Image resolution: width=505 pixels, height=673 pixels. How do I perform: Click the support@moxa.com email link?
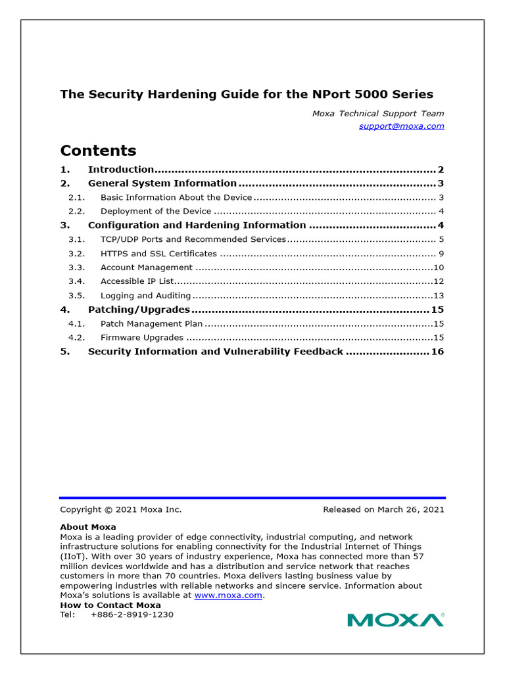tap(401, 126)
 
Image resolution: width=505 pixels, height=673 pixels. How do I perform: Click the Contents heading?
tap(98, 150)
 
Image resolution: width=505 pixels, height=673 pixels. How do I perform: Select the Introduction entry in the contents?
tap(120, 170)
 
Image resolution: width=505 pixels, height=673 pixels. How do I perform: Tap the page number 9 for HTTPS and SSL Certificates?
tap(441, 254)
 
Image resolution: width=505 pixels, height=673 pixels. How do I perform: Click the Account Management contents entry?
tap(146, 267)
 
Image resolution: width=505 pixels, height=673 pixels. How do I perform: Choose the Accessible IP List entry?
tap(137, 281)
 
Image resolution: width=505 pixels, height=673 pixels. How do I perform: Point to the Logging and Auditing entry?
tap(145, 296)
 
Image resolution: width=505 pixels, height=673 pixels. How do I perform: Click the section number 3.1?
tap(77, 239)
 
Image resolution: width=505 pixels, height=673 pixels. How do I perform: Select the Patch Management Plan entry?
tap(151, 323)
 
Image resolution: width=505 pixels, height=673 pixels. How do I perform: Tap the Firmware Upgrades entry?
tap(141, 337)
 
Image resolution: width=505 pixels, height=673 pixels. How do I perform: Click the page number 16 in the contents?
tap(437, 352)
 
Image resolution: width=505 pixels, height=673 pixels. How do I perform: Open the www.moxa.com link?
tap(228, 595)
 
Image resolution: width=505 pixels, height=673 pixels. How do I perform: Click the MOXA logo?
tap(396, 619)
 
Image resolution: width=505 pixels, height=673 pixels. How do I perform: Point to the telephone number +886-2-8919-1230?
tap(132, 615)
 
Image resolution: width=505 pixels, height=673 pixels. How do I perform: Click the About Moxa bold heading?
tap(87, 527)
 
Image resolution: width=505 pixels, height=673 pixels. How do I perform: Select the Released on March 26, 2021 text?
tap(383, 509)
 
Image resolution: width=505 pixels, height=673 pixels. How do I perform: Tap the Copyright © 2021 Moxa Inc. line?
tap(120, 509)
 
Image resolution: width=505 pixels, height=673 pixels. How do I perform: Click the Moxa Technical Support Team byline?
tap(377, 114)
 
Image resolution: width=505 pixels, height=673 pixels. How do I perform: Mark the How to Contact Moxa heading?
tap(110, 605)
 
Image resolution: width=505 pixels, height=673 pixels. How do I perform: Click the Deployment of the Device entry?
tap(156, 212)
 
